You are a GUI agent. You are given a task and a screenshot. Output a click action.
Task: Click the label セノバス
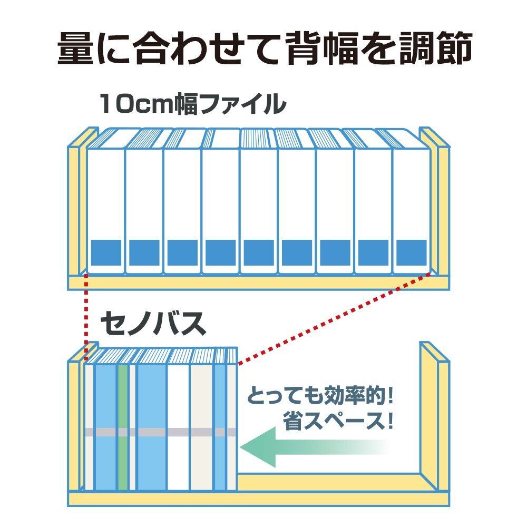coord(153,325)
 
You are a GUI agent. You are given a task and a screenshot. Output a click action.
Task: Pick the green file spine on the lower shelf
coord(123,422)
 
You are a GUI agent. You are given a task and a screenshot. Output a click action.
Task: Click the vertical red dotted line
coord(85,311)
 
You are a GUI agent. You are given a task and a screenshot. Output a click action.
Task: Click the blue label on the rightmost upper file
coord(411,252)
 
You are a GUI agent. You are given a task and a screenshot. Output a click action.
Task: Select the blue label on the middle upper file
coord(259,252)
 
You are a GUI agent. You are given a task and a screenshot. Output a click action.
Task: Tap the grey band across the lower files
coord(158,432)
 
